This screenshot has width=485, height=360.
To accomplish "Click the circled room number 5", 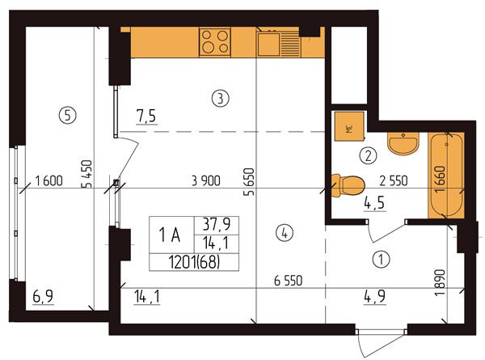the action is coord(67,115).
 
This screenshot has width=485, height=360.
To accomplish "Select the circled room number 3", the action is coord(220,99).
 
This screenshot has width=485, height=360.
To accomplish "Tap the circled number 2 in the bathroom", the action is coord(368,155).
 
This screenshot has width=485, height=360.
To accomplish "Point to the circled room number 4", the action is coord(285,234).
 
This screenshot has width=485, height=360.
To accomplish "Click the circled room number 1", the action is coord(381,259).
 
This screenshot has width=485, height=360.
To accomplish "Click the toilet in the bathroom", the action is coord(348,185).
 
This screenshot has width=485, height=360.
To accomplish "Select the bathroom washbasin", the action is coord(403,142).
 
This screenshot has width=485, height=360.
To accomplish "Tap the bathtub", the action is coord(445,176).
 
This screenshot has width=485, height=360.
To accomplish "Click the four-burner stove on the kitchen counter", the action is coord(215,42).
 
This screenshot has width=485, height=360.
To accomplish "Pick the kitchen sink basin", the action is coord(269,44).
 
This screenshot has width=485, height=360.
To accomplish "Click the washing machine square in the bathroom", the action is coord(349,126).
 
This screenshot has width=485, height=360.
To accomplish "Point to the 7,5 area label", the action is coord(146,116).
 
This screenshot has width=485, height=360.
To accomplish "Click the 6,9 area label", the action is coord(43,297).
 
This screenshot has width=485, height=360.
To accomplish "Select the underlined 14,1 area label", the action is coord(147,298).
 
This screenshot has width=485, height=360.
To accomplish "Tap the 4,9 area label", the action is coord(374,297).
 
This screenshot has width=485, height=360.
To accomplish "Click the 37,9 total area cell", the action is coord(216,225).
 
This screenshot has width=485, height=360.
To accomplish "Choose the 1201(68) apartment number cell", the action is coord(194,262).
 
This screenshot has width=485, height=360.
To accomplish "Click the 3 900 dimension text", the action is coord(206,180).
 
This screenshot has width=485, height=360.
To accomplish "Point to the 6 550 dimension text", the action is coord(288,281).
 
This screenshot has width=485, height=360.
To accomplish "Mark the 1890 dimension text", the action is coord(440,282).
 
